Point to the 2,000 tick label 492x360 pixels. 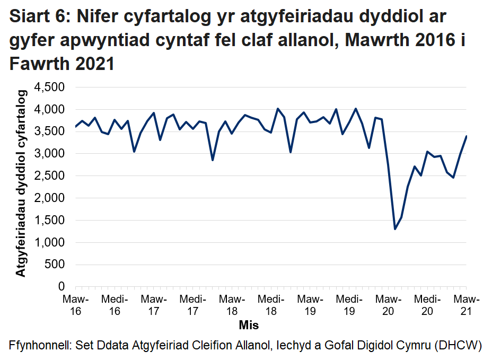pos(49,198)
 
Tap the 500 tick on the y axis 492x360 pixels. pos(55,265)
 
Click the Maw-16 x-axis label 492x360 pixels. pos(75,305)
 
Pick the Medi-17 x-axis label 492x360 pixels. pos(192,305)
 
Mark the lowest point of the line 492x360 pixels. pos(395,229)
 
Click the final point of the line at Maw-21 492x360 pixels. pos(466,136)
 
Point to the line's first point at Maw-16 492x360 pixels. pos(75,127)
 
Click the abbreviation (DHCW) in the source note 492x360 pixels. pos(457,346)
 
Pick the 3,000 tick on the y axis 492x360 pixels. pos(49,154)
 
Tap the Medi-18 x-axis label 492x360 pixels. pos(270,305)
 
